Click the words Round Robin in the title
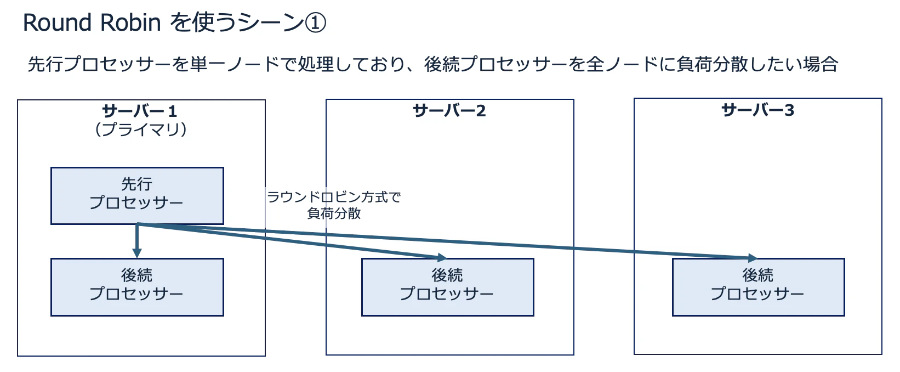point(92,22)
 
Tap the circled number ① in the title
point(315,22)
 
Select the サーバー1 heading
point(139,111)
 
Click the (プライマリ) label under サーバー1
point(141,129)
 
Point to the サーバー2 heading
point(449,111)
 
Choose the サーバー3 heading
point(758,110)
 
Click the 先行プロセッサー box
point(137,195)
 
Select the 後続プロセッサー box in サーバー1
point(137,287)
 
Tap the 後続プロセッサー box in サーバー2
point(448,287)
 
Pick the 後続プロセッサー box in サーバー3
point(758,287)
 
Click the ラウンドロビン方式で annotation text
point(334,197)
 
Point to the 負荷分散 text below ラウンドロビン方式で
point(334,213)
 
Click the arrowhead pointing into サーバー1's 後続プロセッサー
point(137,253)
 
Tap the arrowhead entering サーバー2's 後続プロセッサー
point(442,257)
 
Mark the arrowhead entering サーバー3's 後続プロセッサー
point(753,258)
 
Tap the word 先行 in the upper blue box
point(137,184)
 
